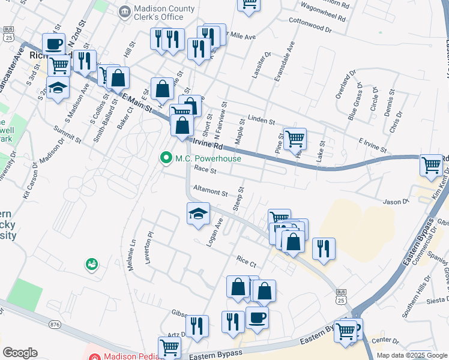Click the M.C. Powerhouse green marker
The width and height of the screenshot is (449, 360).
[x=166, y=158]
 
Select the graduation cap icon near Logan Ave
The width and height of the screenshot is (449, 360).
[x=198, y=214]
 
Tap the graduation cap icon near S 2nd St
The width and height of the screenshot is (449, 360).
[x=58, y=88]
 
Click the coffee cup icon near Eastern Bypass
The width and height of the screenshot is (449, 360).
[x=257, y=318]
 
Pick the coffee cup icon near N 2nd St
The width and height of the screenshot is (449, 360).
[x=53, y=44]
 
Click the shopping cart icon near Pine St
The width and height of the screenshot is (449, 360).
[x=295, y=139]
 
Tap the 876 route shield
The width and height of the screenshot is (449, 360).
[x=55, y=325]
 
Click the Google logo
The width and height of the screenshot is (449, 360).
[x=20, y=353]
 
